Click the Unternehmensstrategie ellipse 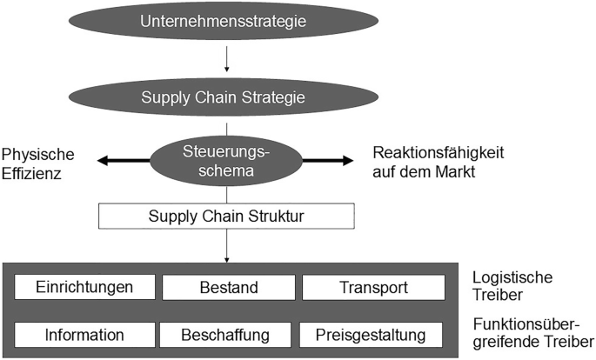(225, 20)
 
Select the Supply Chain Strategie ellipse (225, 97)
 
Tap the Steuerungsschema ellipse (225, 161)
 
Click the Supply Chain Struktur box (225, 214)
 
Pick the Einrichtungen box (84, 287)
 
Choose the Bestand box (227, 287)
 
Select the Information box (84, 335)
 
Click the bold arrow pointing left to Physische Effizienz (123, 161)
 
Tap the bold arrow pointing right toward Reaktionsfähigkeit (328, 161)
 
